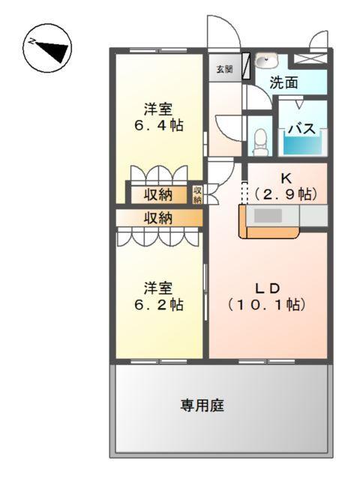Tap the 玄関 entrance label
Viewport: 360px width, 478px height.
(224, 69)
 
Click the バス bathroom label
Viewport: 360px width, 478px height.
(303, 128)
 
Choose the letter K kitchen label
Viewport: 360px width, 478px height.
(285, 178)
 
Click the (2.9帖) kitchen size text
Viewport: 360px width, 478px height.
(285, 193)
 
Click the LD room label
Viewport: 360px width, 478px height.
(266, 288)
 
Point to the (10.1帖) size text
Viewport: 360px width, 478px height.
(266, 305)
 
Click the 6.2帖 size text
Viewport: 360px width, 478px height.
(159, 305)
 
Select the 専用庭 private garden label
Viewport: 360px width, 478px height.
(202, 406)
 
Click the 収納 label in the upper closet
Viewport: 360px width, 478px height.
(159, 194)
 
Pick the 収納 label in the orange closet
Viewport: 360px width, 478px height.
(159, 218)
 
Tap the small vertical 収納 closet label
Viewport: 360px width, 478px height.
(197, 195)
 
